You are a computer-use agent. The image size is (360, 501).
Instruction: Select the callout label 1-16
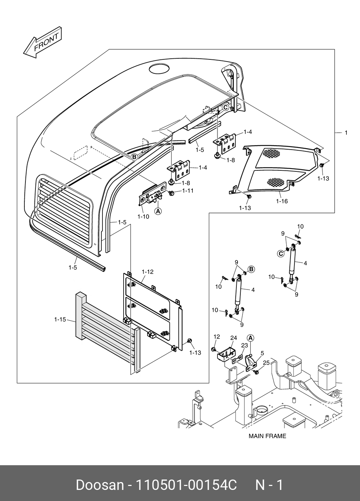click(282, 201)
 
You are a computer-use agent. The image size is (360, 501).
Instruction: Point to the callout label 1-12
click(147, 272)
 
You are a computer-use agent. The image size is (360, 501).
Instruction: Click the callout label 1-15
click(60, 320)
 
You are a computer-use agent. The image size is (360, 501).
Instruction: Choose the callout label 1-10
click(143, 217)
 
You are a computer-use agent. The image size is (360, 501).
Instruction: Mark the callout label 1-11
click(188, 191)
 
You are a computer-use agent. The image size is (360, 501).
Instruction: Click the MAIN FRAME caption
click(267, 436)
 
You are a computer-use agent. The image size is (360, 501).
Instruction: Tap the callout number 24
click(234, 338)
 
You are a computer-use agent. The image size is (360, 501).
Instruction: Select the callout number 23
click(244, 345)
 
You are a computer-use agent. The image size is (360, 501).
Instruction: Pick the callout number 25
click(266, 363)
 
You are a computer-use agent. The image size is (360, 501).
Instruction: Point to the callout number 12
click(217, 336)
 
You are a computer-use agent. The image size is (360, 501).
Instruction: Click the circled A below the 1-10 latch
click(158, 211)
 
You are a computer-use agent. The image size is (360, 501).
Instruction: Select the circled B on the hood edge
click(134, 157)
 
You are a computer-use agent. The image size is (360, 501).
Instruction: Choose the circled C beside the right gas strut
click(281, 254)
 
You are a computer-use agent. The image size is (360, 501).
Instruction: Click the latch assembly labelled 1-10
click(152, 195)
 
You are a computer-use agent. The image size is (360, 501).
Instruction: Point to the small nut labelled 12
click(214, 349)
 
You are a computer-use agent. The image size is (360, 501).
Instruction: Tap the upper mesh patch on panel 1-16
click(271, 153)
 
